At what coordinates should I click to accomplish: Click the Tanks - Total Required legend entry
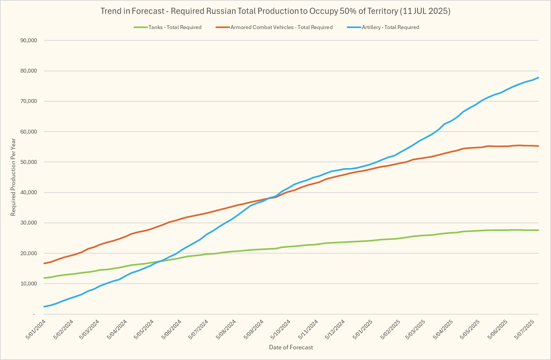coord(175,27)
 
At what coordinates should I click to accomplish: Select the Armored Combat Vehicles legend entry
coord(281,27)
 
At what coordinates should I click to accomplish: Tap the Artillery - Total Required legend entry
coord(390,27)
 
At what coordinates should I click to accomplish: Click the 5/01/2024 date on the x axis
coord(36,329)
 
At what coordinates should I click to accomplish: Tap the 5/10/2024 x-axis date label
coord(281,329)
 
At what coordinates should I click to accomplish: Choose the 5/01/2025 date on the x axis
coord(363,329)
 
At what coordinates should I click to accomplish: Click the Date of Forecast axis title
coord(291,347)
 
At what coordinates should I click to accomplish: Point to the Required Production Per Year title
coord(13,177)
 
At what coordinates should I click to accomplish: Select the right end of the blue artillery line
coord(538,78)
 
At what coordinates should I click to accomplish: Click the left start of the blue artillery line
coord(44,306)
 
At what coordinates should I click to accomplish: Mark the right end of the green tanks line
coord(538,230)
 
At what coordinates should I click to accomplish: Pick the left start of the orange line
coord(44,264)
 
